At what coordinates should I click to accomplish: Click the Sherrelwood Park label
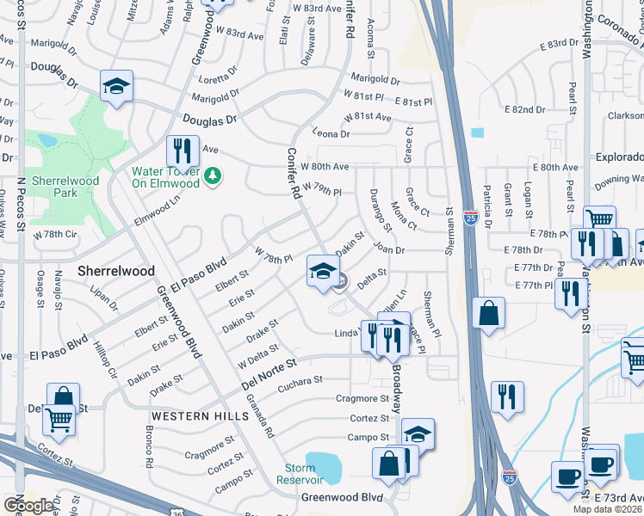click(x=65, y=187)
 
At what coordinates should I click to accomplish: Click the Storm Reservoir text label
click(x=300, y=474)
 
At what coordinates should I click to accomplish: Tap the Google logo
click(x=28, y=506)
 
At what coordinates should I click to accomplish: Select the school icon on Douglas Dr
click(x=116, y=86)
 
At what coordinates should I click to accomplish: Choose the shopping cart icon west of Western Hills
click(x=59, y=421)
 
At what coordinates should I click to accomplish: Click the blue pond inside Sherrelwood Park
click(x=46, y=140)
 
